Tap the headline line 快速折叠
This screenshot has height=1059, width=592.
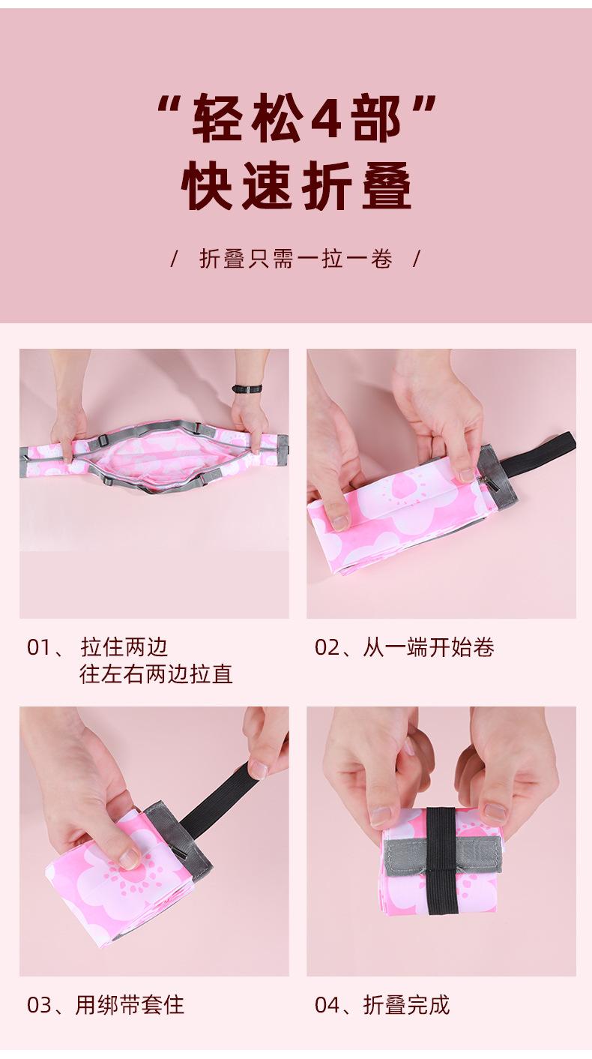tap(296, 186)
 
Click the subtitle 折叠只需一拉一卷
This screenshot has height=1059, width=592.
tap(296, 259)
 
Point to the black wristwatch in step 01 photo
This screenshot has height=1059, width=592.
tap(247, 388)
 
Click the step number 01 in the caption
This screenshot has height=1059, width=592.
tap(39, 648)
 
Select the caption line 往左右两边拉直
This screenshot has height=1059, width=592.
tap(156, 674)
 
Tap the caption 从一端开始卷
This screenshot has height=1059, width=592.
tap(429, 647)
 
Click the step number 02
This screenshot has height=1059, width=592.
tap(327, 648)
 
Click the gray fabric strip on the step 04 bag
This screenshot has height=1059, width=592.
tap(443, 853)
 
